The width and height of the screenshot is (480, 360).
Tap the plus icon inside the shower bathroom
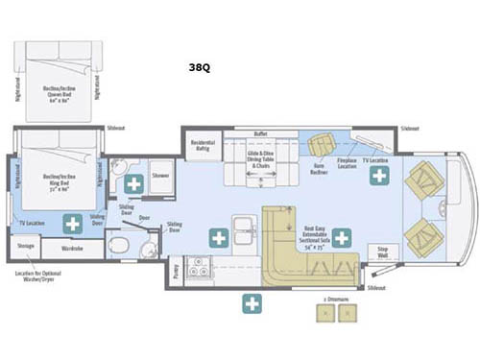[x=133, y=182]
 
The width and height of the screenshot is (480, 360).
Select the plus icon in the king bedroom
[x=72, y=224]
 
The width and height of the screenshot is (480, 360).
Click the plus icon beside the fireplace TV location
[x=380, y=175]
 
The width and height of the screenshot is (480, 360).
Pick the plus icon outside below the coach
[x=252, y=304]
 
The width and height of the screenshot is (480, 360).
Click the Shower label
[x=158, y=176]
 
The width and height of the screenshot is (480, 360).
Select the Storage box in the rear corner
[x=26, y=249]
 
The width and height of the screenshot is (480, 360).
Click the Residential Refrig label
[x=204, y=145]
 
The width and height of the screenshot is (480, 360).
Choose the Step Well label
[x=381, y=252]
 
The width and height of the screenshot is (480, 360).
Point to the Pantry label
[x=174, y=270]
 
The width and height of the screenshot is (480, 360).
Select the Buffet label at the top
[x=259, y=134]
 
